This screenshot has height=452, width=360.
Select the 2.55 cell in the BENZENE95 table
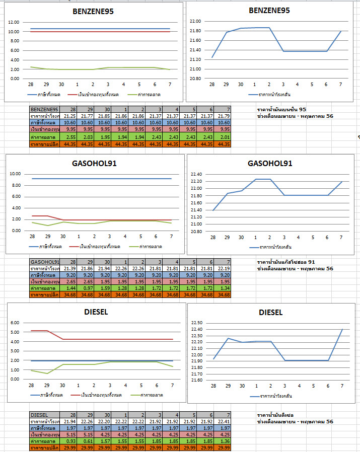click(x=70, y=137)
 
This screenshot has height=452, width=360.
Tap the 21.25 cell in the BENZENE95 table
click(x=70, y=116)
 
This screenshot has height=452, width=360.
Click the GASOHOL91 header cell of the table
click(x=45, y=262)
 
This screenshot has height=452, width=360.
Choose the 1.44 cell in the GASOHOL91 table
click(x=70, y=288)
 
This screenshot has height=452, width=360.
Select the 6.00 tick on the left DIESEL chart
click(x=15, y=323)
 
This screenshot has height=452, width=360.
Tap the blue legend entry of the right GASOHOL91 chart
click(x=272, y=247)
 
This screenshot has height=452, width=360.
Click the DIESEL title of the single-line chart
click(x=271, y=313)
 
